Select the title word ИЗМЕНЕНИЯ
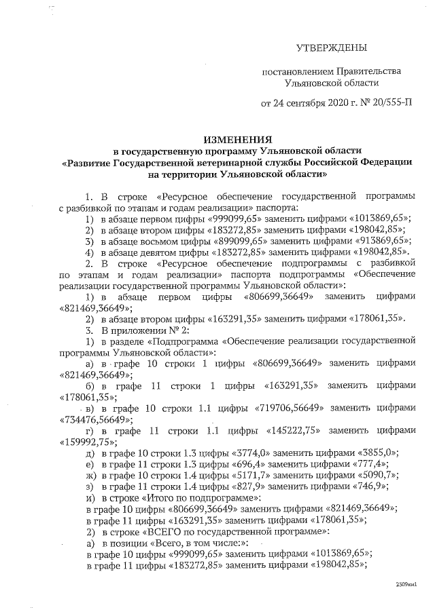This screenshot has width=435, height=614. [217, 137]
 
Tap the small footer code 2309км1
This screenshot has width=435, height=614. [406, 583]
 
